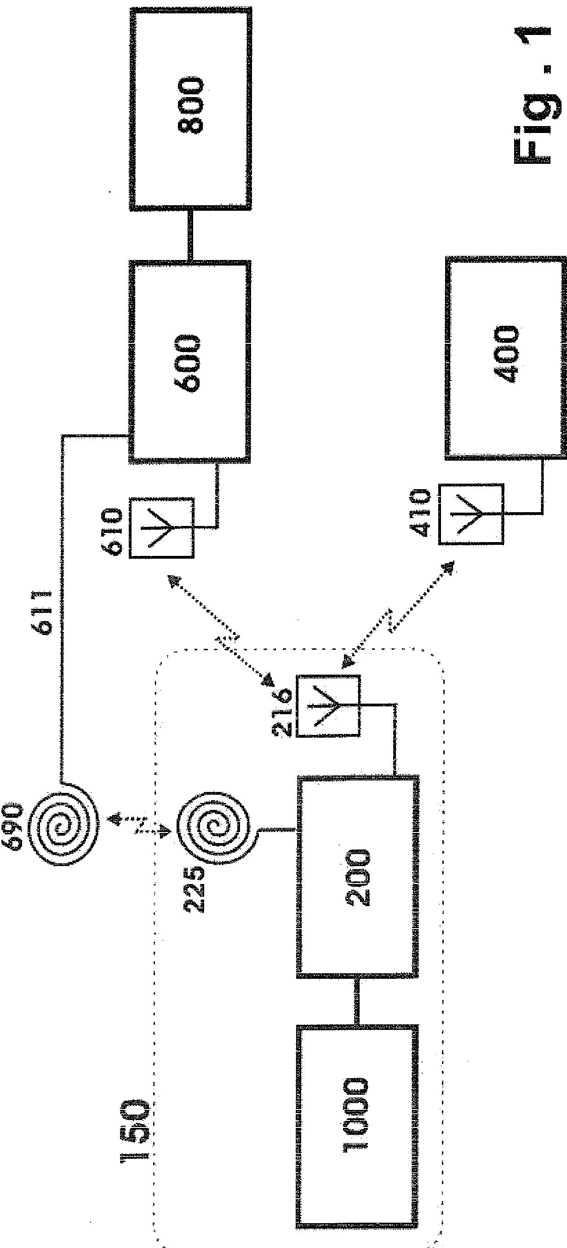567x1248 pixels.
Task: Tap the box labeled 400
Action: click(505, 356)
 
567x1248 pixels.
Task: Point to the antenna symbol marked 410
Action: click(471, 514)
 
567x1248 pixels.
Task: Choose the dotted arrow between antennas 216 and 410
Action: click(399, 614)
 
